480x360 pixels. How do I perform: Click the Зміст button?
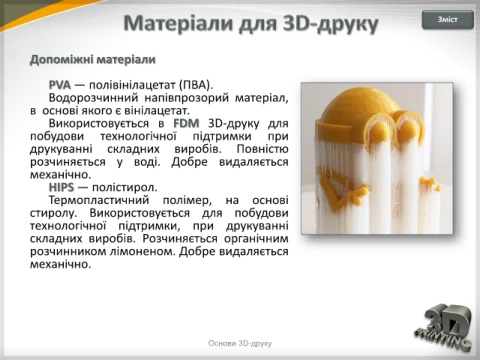click(x=448, y=20)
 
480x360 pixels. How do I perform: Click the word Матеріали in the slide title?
click(x=179, y=23)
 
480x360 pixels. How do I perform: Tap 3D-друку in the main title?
click(x=331, y=24)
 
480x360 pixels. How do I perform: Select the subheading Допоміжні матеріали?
click(x=93, y=60)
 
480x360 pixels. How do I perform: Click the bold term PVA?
click(x=60, y=85)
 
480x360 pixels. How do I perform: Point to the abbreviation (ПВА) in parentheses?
click(x=196, y=85)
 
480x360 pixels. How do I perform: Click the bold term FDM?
click(x=186, y=123)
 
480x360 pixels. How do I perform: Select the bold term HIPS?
click(x=61, y=187)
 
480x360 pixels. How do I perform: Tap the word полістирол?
click(x=125, y=188)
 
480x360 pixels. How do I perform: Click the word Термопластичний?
click(x=99, y=200)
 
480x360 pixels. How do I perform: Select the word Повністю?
click(x=262, y=149)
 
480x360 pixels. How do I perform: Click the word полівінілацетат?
click(x=133, y=85)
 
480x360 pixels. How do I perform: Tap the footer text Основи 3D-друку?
click(x=240, y=343)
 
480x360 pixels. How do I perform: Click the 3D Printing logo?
click(x=444, y=328)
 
